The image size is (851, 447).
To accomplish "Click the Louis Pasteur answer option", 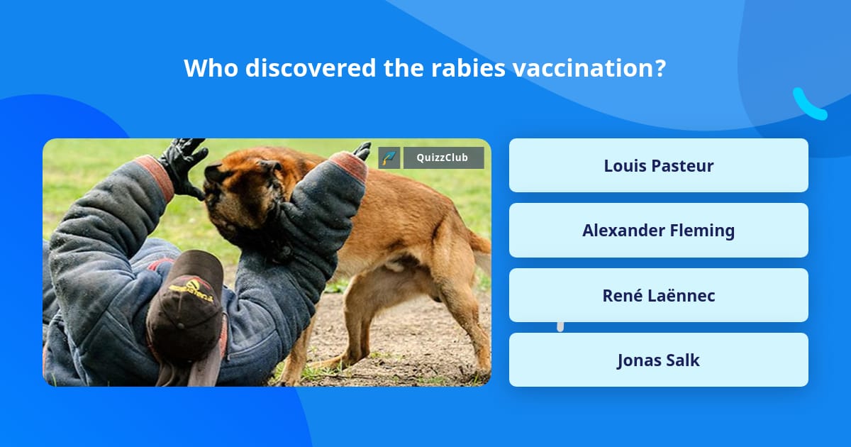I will [658, 165].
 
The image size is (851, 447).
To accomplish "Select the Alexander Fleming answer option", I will [658, 230].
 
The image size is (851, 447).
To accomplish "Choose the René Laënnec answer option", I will [658, 295].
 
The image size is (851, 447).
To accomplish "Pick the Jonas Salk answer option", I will [658, 360].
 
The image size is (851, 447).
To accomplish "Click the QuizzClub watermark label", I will [443, 158].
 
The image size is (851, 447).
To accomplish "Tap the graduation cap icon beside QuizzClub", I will [389, 158].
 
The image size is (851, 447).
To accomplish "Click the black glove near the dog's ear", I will [182, 165].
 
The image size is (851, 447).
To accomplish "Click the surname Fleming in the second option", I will [701, 230].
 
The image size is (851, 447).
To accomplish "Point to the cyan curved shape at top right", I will [808, 104].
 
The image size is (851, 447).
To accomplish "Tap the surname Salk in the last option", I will [682, 360].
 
